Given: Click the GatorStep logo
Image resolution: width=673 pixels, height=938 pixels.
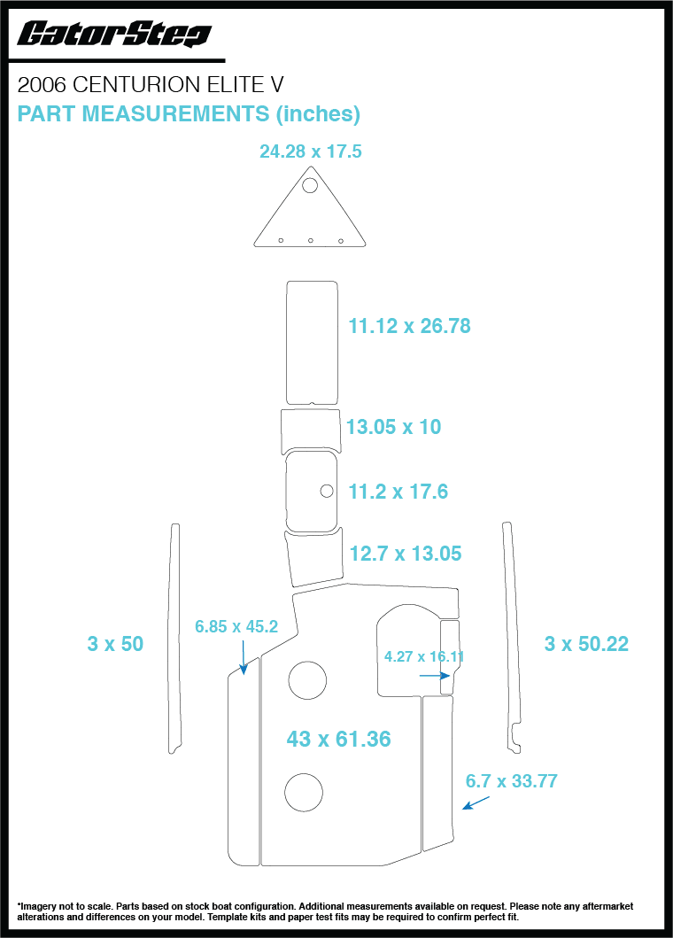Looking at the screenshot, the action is (x=114, y=34).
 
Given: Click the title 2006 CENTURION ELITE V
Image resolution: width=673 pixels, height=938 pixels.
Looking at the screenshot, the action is (x=151, y=85).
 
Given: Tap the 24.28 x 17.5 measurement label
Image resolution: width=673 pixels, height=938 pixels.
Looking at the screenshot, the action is (x=311, y=151).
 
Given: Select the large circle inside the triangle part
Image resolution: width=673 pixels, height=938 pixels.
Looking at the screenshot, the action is (x=310, y=185).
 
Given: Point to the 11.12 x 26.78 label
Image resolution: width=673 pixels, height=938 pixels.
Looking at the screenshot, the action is (x=410, y=326).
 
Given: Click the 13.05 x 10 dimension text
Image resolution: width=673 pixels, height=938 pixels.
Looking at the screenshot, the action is (x=394, y=427).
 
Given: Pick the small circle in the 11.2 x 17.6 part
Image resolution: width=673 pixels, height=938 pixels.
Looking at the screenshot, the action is (x=327, y=491).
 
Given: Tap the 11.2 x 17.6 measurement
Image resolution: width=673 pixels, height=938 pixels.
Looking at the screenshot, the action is (x=398, y=492).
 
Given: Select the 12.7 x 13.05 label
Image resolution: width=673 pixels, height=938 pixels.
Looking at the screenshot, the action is (x=406, y=554).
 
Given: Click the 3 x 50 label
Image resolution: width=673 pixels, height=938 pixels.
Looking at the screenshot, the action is (x=115, y=644).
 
